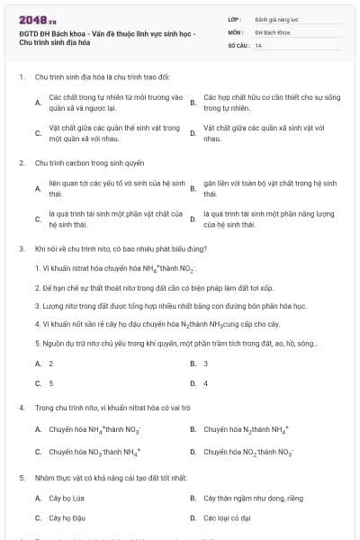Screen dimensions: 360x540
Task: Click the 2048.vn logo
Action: tap(31, 19)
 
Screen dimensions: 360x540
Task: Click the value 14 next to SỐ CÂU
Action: tap(258, 44)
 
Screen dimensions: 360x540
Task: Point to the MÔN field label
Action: tap(235, 31)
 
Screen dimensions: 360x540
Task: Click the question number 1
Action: tap(21, 77)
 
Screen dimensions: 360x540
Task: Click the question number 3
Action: tap(21, 247)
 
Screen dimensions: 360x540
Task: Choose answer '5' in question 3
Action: tap(50, 382)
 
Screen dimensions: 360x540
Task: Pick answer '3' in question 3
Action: tap(206, 363)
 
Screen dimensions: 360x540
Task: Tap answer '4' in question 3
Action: tap(206, 382)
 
